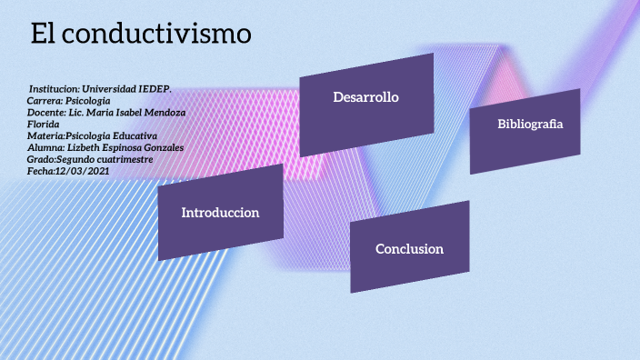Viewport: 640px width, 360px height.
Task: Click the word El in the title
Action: click(45, 34)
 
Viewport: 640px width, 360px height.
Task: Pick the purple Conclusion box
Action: click(409, 248)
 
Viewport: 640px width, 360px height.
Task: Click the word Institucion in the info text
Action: click(54, 89)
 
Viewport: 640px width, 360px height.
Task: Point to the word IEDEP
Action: click(155, 89)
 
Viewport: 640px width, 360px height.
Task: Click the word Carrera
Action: click(46, 101)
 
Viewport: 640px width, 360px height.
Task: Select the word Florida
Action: click(44, 124)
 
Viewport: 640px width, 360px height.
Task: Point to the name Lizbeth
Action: click(85, 147)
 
